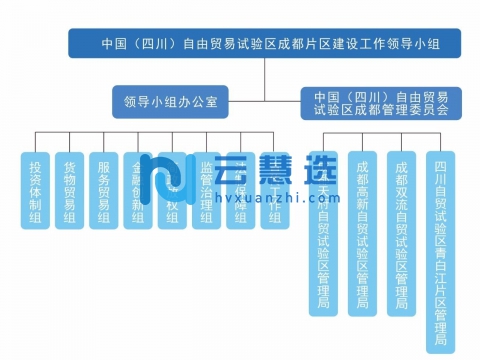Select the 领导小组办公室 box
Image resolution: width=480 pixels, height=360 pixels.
point(171,101)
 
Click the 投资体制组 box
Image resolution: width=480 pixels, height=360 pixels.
point(35,190)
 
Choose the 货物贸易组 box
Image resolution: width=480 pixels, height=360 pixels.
point(69,190)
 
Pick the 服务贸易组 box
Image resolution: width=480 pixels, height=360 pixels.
point(103,190)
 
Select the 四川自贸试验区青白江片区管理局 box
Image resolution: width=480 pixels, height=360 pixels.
point(440,250)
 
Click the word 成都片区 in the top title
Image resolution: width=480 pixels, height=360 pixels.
point(314,45)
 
